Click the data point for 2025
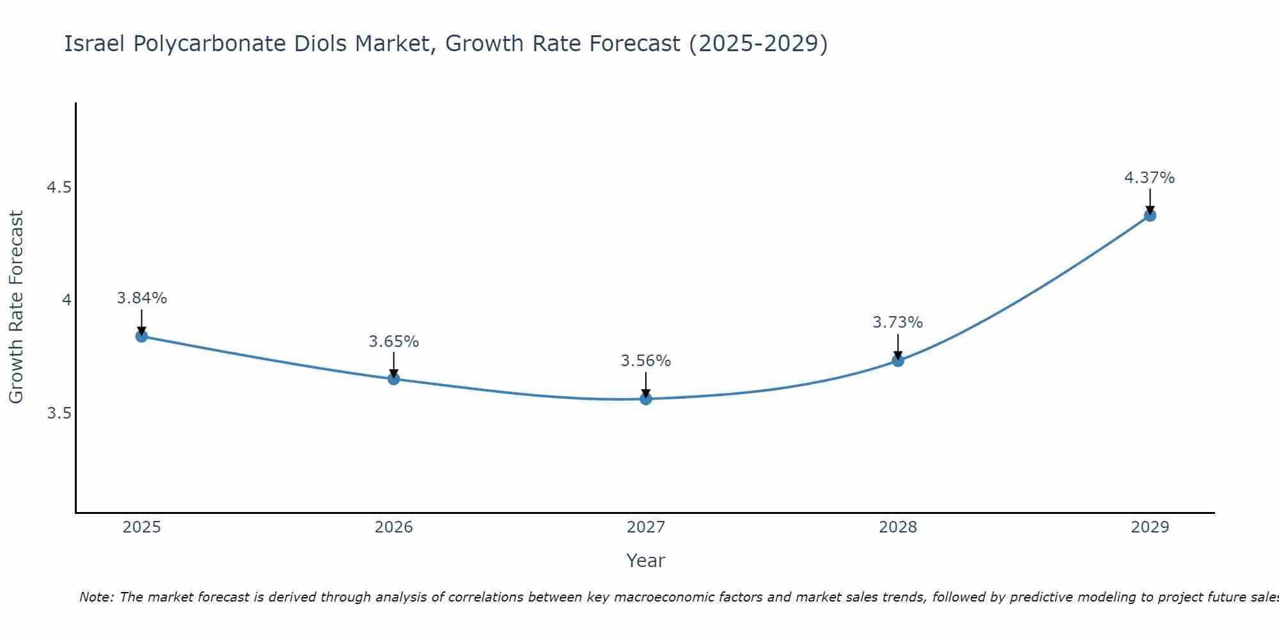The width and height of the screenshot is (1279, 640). tap(142, 336)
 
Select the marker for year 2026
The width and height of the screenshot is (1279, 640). tap(394, 379)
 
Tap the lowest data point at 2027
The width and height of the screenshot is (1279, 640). tap(646, 399)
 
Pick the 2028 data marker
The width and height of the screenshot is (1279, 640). tap(898, 360)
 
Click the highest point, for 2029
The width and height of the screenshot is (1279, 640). tap(1150, 215)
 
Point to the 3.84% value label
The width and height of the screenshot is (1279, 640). tap(142, 298)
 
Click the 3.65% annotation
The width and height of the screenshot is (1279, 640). tap(394, 342)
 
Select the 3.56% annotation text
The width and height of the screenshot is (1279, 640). tap(646, 361)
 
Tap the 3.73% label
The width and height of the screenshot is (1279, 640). tap(898, 323)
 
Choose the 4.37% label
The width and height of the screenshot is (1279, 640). tap(1150, 178)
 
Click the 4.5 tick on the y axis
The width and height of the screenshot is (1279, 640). tap(59, 188)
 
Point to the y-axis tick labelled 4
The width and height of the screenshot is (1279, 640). tap(67, 300)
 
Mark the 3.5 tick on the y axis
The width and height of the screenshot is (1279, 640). tap(59, 413)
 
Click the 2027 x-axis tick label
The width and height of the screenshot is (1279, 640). tap(646, 527)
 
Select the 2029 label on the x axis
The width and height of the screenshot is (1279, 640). tap(1150, 527)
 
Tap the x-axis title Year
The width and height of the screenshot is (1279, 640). tap(646, 561)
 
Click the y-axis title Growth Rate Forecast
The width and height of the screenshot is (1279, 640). tap(17, 307)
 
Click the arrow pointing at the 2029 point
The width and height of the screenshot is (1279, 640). tap(1150, 201)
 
